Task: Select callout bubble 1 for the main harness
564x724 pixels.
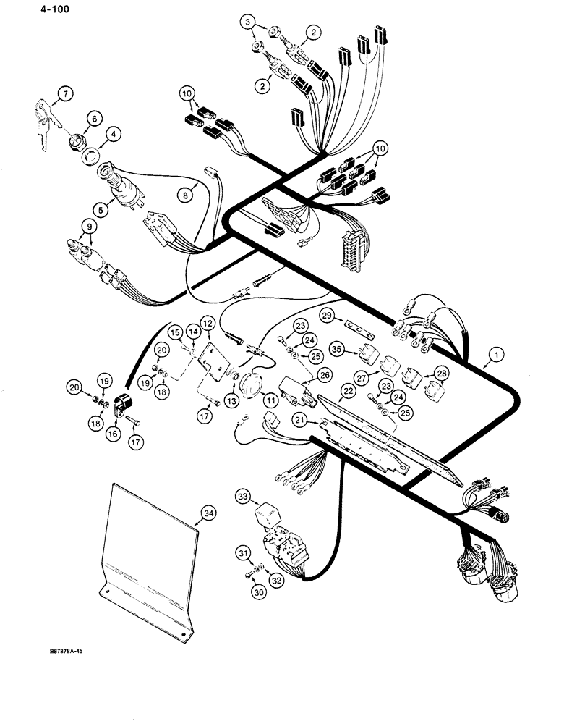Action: [x=495, y=355]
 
